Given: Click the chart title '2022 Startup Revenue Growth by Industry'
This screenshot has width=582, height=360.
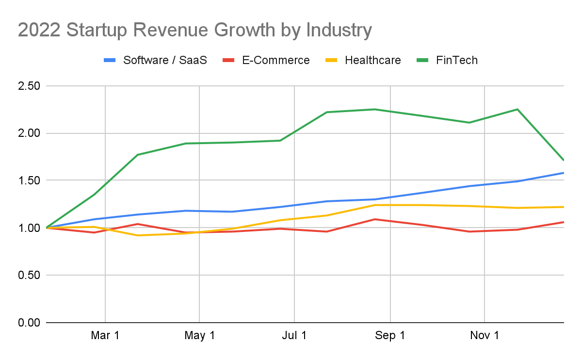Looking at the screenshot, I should [x=195, y=30].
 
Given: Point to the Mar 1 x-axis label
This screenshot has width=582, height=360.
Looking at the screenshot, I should [x=105, y=336].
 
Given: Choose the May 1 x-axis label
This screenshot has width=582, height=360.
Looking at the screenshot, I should [x=199, y=336].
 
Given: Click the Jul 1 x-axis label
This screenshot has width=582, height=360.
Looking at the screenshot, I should [x=294, y=336].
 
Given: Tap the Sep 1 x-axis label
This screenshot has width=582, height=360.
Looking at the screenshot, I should [x=390, y=336].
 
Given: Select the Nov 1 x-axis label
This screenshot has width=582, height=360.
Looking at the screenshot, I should [x=485, y=336].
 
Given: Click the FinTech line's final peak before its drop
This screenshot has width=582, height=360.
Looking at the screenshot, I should [x=517, y=109].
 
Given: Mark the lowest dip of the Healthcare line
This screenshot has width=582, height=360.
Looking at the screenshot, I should [x=138, y=235].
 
